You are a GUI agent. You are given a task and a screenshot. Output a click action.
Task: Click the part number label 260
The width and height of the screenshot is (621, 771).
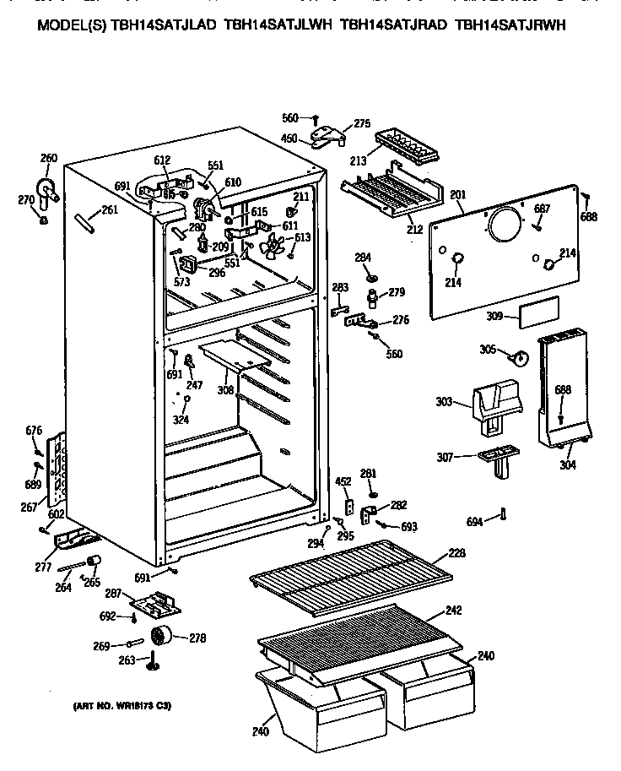coord(49,157)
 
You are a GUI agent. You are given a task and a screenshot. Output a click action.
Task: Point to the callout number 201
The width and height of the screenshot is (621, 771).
coord(458,196)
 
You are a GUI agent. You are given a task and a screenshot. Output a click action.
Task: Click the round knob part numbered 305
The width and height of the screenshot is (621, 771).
coord(522,358)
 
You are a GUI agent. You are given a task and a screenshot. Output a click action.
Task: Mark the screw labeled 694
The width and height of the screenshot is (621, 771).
coord(503,514)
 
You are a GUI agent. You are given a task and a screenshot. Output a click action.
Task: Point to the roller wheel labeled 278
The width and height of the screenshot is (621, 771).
coord(160,637)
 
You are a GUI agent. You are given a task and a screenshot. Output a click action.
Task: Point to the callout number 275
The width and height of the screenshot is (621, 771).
coord(362,124)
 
